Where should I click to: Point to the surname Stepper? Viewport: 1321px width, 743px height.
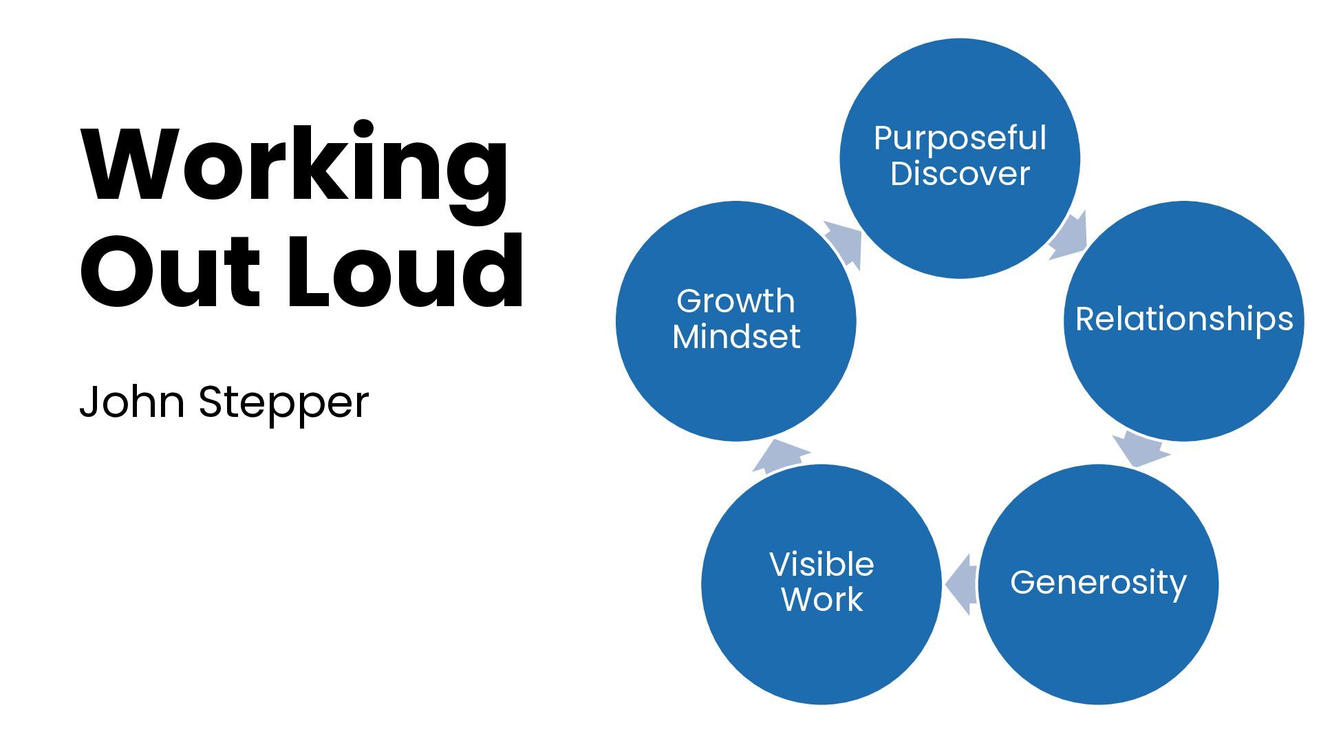point(283,403)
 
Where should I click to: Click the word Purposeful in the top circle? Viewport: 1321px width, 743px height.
point(960,138)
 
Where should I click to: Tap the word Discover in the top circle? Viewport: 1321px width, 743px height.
point(960,173)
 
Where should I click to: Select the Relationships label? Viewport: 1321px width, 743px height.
point(1183,319)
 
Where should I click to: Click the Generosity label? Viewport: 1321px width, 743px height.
point(1098,583)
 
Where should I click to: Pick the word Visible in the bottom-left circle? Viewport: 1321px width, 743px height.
point(821,565)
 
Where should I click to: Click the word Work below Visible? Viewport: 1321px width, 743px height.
point(821,599)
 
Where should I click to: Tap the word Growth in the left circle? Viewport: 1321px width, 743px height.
point(735,301)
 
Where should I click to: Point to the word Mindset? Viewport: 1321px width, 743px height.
point(735,336)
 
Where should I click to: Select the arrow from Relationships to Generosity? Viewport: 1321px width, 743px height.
point(1139,449)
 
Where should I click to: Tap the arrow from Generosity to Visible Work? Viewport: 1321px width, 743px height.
point(960,584)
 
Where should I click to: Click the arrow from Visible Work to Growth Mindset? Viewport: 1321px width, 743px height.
point(781,456)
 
